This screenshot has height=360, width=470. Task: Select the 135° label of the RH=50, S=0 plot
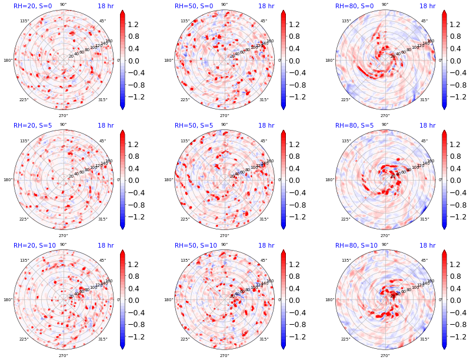(185, 21)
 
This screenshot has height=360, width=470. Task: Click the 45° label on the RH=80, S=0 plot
(424, 21)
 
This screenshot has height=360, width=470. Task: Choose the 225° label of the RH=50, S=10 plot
(185, 339)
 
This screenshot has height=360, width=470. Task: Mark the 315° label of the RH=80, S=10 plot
(425, 339)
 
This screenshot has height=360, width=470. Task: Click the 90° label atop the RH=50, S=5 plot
(224, 124)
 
